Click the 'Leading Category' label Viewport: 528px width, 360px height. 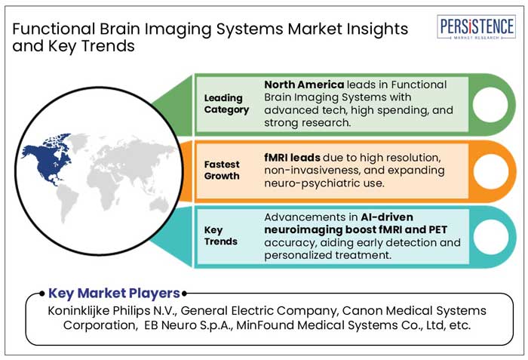click(223, 103)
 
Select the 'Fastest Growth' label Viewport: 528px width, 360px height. click(222, 170)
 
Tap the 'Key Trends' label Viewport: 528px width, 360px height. click(222, 235)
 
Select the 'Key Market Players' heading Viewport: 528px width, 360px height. click(114, 293)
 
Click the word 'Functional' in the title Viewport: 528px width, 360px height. click(51, 29)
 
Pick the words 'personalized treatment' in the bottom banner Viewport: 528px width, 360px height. click(327, 256)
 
